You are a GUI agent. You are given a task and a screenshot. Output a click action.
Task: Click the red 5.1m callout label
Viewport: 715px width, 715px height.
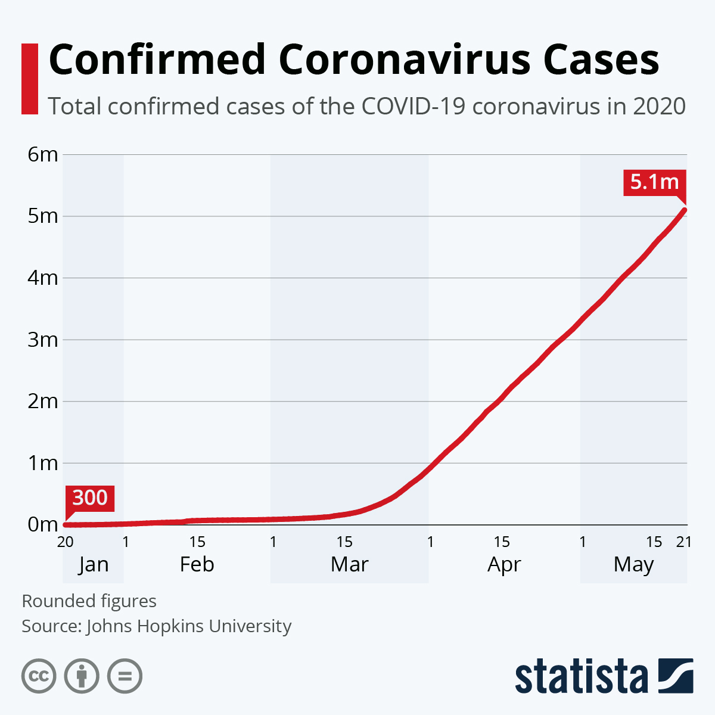pyautogui.click(x=654, y=182)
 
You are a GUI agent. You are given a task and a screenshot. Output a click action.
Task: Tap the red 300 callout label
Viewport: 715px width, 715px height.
pyautogui.click(x=90, y=498)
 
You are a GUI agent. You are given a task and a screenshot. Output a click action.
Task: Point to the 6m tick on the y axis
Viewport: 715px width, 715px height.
pyautogui.click(x=43, y=154)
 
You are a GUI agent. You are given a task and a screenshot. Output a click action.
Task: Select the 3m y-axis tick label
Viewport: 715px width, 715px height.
pyautogui.click(x=43, y=340)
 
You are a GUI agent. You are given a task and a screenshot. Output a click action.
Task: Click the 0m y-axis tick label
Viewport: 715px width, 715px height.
pyautogui.click(x=43, y=525)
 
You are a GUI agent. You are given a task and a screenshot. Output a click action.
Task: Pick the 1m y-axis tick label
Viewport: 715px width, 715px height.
pyautogui.click(x=43, y=463)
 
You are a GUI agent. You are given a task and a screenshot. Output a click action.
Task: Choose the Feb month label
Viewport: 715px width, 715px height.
pyautogui.click(x=197, y=564)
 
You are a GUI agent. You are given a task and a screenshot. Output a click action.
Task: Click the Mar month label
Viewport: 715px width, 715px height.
pyautogui.click(x=350, y=564)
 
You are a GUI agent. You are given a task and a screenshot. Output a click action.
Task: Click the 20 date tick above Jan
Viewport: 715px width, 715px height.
pyautogui.click(x=66, y=542)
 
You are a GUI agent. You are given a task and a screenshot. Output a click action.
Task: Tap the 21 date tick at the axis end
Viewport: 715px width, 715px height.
pyautogui.click(x=684, y=542)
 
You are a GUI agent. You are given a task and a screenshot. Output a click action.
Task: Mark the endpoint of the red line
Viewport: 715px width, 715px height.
pyautogui.click(x=685, y=210)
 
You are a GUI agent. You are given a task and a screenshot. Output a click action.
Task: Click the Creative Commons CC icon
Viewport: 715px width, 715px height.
pyautogui.click(x=39, y=676)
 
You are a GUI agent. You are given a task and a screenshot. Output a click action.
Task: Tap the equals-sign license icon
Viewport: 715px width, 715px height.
pyautogui.click(x=125, y=676)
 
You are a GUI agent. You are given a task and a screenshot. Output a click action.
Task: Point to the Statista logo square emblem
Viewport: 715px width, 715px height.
pyautogui.click(x=676, y=676)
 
